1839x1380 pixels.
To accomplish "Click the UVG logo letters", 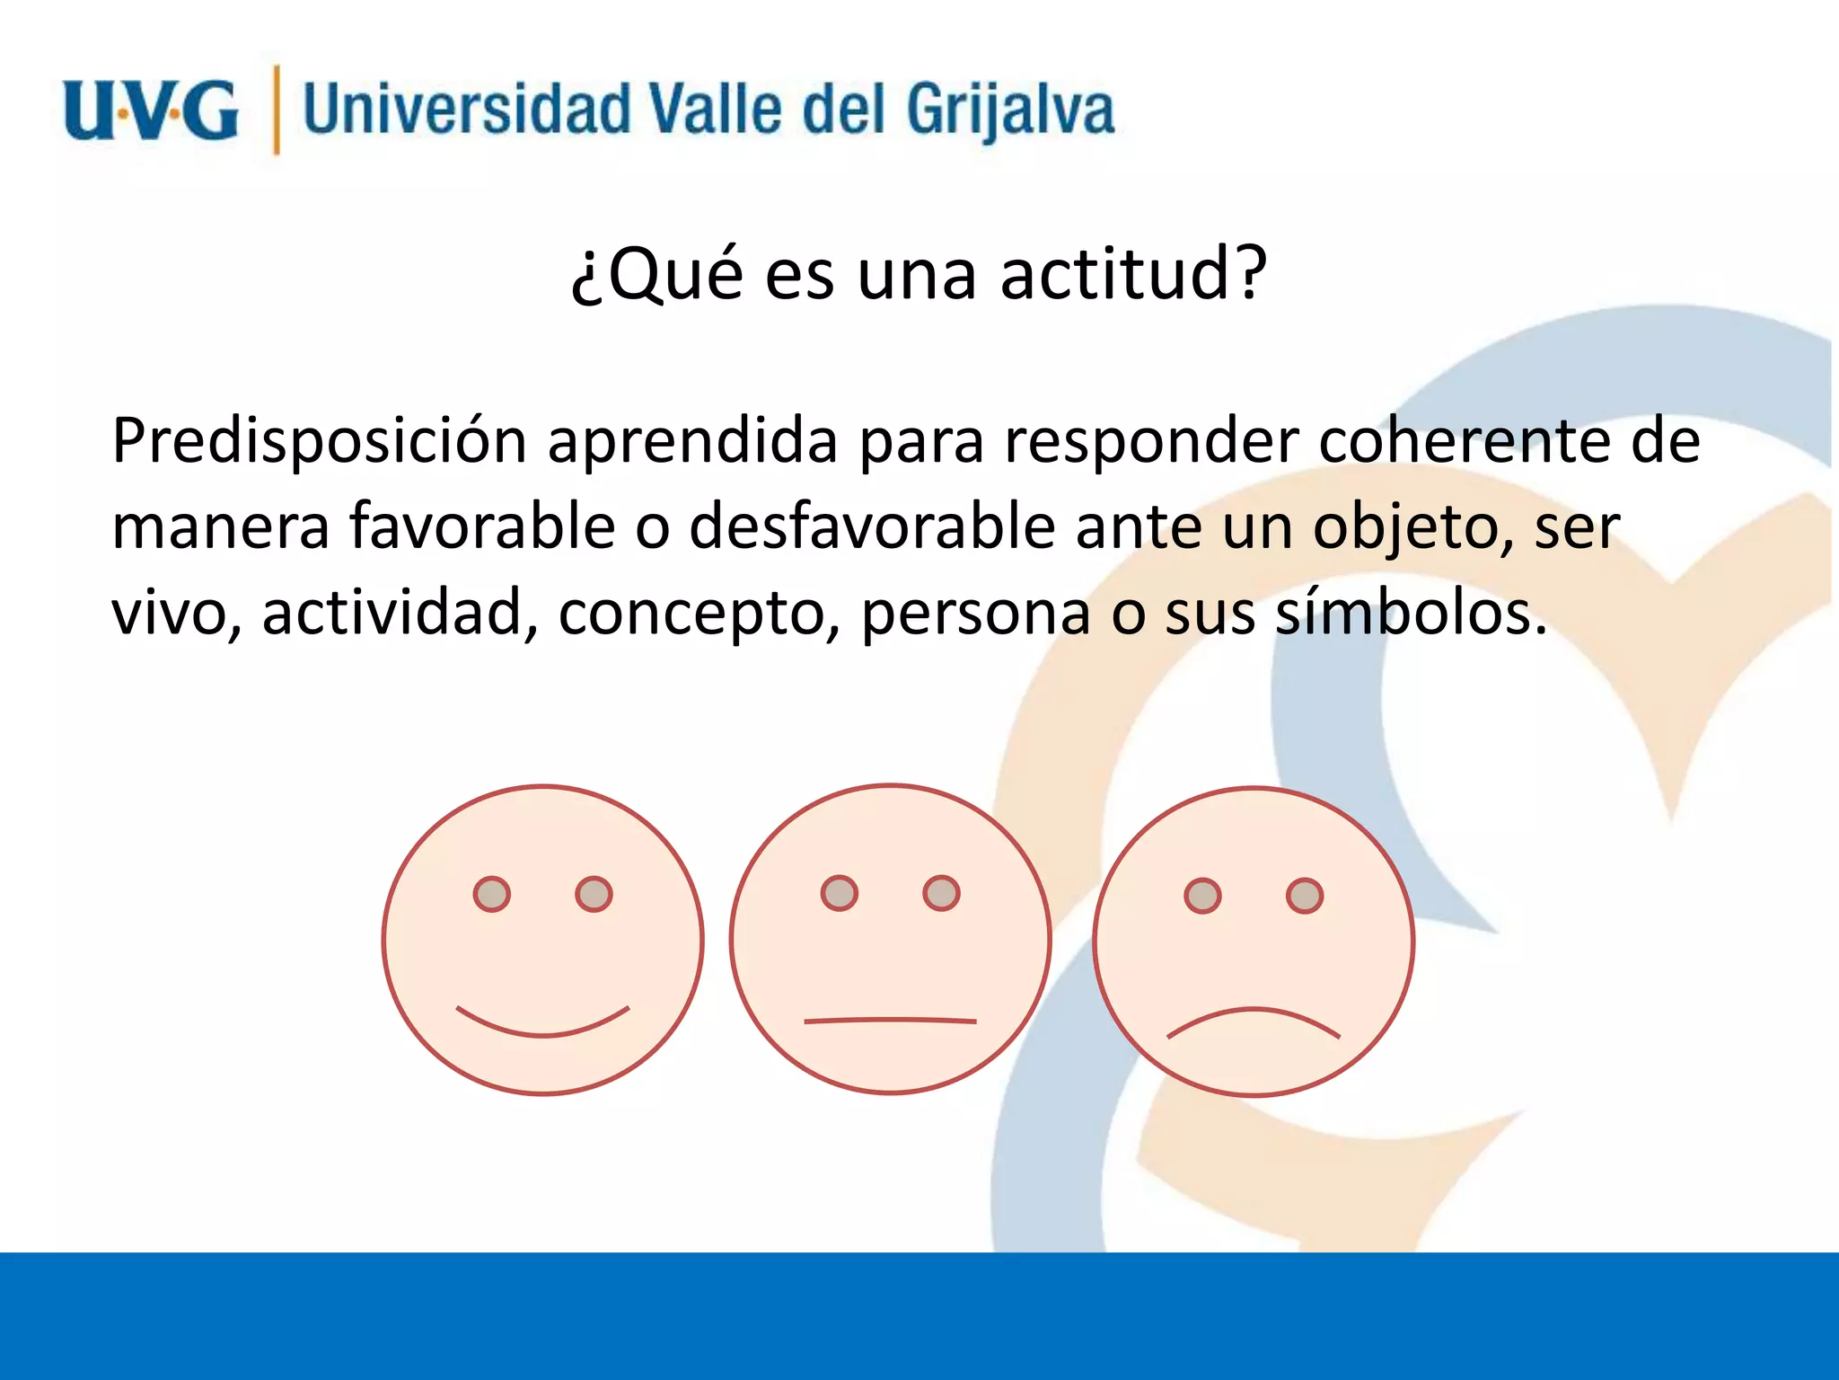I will tap(151, 111).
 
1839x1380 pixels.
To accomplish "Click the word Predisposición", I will tap(319, 442).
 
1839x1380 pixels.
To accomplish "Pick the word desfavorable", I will tap(871, 526).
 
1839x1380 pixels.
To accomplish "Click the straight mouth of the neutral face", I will tap(889, 1020).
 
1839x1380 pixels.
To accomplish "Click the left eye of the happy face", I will tap(491, 894).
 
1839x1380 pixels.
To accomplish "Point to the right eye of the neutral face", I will tap(941, 893).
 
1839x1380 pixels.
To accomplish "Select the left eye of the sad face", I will tap(1202, 896).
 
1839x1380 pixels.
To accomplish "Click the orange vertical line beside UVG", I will tap(276, 110).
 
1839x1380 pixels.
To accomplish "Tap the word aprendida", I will tap(692, 442).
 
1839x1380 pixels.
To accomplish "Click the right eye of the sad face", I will tap(1304, 896).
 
